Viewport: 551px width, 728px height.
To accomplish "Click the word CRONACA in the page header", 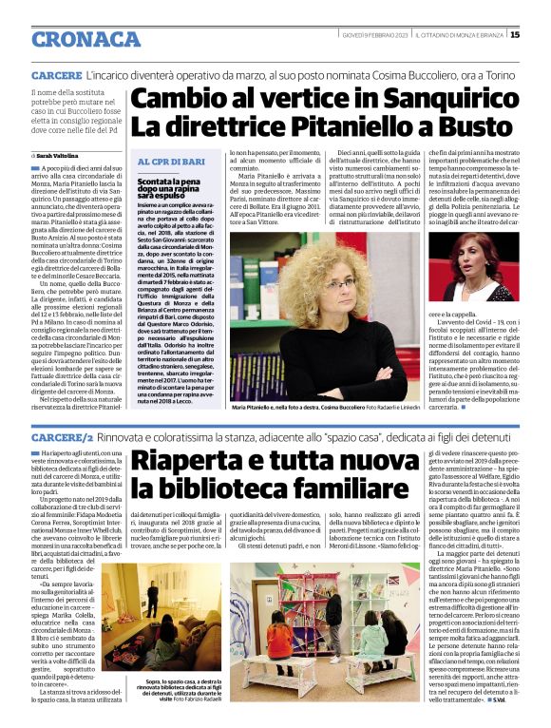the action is [85, 39].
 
